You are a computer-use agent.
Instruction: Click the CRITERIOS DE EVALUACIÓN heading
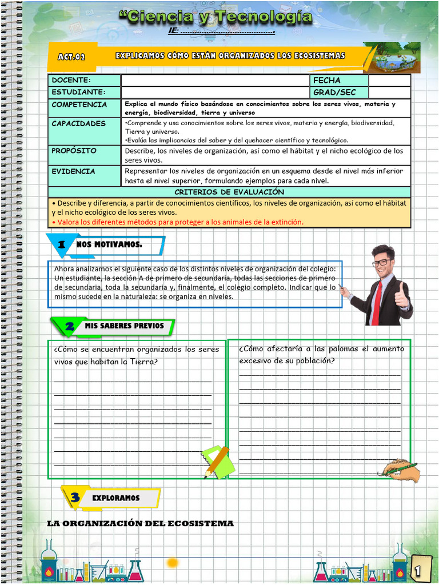tap(229, 192)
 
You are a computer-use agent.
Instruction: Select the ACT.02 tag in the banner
tap(71, 57)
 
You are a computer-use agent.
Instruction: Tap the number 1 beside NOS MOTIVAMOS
tap(62, 245)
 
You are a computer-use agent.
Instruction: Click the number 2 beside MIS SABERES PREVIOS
tap(70, 326)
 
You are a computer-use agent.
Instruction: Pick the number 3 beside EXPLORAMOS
tap(75, 498)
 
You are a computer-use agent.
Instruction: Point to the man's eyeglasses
tap(382, 263)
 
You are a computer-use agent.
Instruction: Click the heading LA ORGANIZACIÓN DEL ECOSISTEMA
tap(141, 523)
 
